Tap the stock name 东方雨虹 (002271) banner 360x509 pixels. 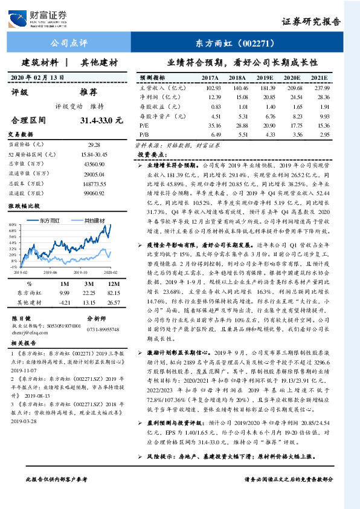236,44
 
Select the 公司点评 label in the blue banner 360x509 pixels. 69,44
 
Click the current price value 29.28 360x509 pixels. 93,145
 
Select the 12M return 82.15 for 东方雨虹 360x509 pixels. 113,293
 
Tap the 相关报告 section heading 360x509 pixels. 24,342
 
